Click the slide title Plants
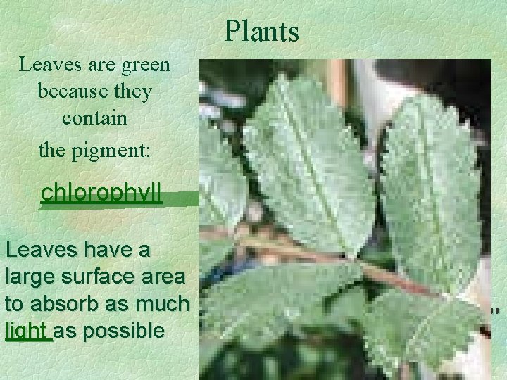point(262,31)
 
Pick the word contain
point(94,118)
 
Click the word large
point(27,277)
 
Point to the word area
point(161,277)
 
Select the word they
point(134,91)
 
